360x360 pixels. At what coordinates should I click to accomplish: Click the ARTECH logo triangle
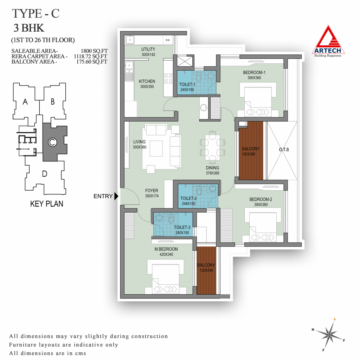pos(328,40)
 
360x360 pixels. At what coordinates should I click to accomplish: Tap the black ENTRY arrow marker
pos(116,196)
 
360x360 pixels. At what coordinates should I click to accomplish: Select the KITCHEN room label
pos(147,81)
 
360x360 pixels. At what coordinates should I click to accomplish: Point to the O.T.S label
pos(284,149)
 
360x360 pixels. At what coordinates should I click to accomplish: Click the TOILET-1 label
pos(187,84)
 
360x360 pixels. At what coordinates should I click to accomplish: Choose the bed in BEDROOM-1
pos(258,99)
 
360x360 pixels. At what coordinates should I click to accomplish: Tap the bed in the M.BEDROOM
pos(166,276)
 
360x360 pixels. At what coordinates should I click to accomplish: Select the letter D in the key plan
pos(45,174)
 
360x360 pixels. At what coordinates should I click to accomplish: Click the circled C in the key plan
pos(52,142)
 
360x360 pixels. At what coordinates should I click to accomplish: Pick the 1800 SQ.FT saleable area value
pos(94,51)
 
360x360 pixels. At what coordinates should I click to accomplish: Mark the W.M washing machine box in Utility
pos(168,40)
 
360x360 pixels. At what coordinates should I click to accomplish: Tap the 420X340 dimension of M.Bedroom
pos(166,255)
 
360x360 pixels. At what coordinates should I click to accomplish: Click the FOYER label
pos(152,191)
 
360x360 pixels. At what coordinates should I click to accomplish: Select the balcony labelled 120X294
pos(206,270)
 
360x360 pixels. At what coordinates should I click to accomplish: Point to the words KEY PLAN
pos(47,204)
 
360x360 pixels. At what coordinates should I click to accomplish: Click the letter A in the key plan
pos(25,102)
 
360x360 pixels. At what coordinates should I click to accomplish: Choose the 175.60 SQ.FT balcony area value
pos(92,62)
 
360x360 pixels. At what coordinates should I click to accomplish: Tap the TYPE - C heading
pos(36,14)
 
